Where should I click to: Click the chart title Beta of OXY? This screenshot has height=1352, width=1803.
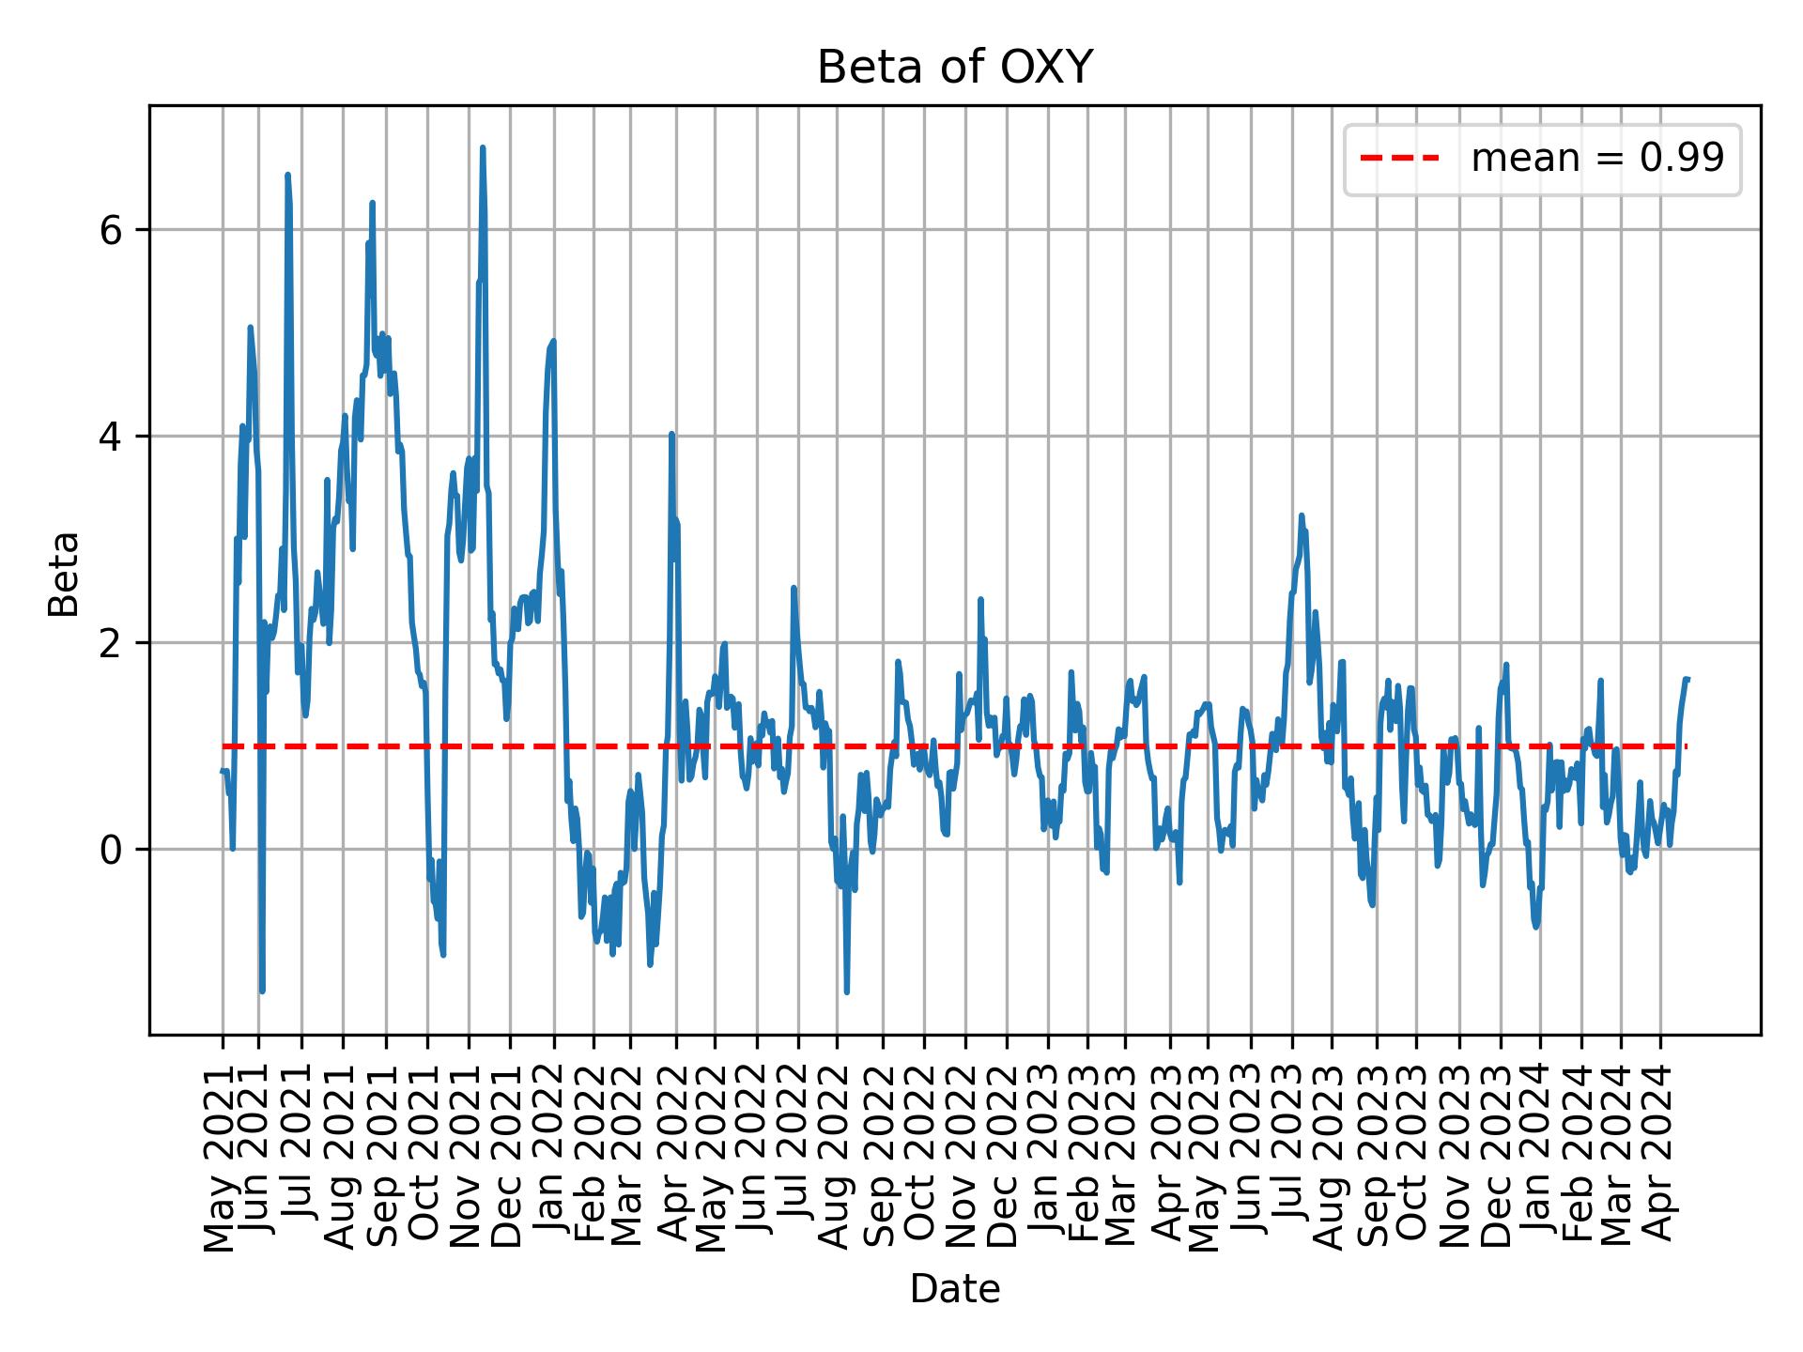coord(954,68)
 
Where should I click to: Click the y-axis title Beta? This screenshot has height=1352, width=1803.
coord(64,574)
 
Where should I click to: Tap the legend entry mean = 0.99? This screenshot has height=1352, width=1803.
coord(1596,159)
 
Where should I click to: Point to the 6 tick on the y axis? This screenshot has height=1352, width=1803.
coord(111,230)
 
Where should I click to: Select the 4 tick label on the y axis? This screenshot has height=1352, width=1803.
coord(111,437)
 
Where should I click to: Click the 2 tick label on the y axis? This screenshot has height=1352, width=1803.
coord(111,643)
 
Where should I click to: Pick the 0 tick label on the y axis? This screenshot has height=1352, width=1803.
coord(111,850)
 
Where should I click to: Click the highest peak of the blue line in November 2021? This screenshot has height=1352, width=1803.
coord(482,147)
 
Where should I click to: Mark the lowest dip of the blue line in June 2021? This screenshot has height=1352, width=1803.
coord(262,991)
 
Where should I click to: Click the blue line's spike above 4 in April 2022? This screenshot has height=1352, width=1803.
coord(671,434)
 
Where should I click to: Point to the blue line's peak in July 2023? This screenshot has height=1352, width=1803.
coord(1302,515)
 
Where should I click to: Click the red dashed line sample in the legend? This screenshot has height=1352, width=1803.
coord(1399,159)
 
